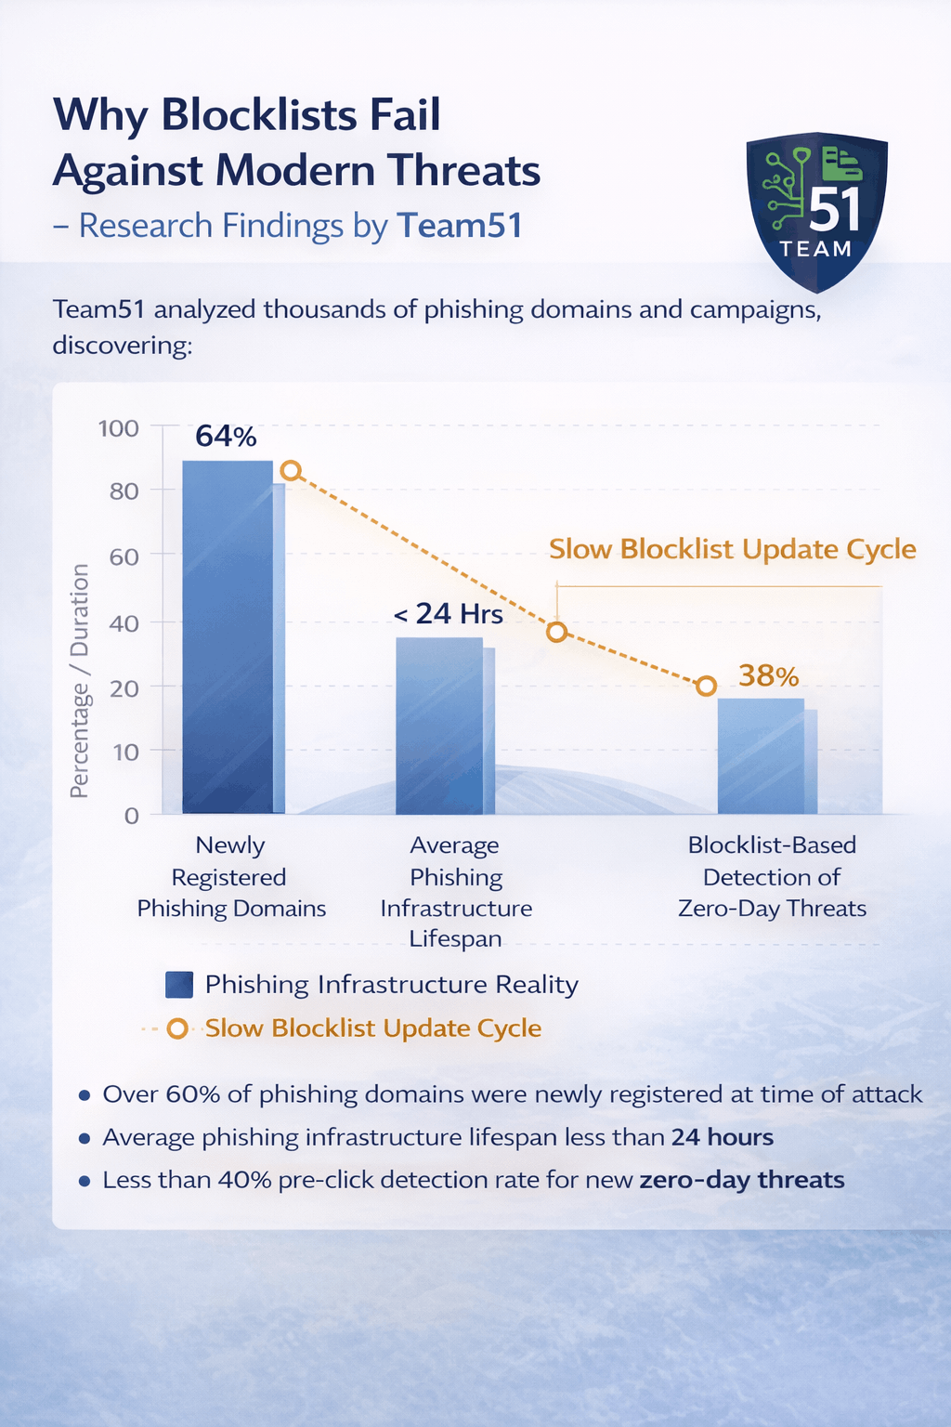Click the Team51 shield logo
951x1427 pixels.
816,210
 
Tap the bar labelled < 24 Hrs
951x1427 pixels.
440,725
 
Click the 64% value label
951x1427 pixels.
226,436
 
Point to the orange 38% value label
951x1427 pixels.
769,675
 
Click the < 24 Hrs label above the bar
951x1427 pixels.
449,614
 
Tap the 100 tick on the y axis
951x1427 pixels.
119,428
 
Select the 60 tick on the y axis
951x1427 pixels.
124,556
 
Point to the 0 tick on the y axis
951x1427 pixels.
131,816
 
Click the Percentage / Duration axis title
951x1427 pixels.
80,680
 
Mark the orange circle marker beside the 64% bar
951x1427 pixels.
291,470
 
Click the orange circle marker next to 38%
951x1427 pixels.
706,686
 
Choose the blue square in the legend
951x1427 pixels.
178,985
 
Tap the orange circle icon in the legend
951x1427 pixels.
177,1028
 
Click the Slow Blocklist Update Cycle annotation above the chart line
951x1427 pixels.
732,549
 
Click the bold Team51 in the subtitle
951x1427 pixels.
460,226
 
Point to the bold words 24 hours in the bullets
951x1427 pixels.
723,1137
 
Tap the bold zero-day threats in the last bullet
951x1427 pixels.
742,1180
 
